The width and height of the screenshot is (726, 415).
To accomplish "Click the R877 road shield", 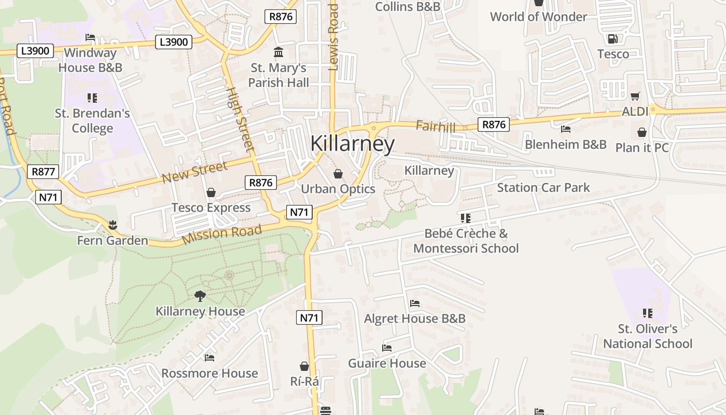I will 43,172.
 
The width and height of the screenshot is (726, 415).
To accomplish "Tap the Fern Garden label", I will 113,241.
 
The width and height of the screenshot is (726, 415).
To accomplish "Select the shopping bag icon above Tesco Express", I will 211,193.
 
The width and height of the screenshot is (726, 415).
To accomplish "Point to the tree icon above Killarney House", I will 200,296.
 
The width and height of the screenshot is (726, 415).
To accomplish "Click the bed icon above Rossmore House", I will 210,358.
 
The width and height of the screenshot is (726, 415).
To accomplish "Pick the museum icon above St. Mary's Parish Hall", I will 278,52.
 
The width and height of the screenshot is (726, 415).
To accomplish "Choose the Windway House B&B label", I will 90,60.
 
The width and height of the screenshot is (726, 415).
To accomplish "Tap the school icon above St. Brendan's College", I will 92,98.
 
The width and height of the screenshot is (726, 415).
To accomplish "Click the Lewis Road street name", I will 333,37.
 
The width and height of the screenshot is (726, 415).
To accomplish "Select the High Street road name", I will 241,119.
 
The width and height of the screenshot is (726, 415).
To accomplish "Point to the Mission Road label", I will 222,234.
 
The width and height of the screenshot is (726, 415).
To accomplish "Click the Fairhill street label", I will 436,127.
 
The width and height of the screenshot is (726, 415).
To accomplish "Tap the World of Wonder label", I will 538,17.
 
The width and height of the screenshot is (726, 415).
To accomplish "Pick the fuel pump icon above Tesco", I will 612,39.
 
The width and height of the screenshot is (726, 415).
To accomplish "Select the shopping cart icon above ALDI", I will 635,96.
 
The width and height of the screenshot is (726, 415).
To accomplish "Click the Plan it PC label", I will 642,148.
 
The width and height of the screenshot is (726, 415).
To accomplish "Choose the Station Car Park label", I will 543,187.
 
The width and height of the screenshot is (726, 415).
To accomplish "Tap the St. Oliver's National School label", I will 648,336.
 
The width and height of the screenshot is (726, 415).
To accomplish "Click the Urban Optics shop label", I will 338,189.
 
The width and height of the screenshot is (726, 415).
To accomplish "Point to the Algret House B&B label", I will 415,319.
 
